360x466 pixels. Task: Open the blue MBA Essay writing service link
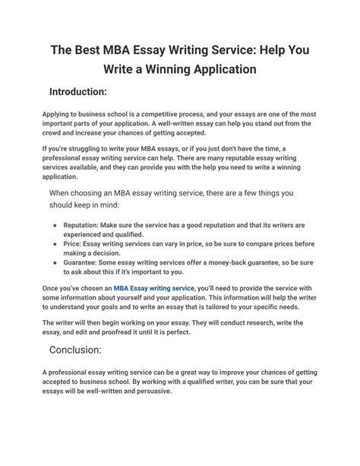154,288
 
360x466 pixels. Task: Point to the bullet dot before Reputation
55,227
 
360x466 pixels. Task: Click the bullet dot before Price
55,246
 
